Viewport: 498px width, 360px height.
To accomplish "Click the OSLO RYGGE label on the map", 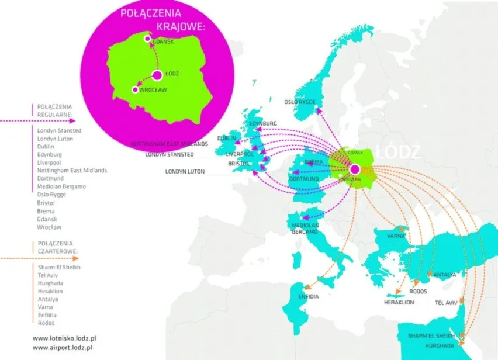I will pyautogui.click(x=300, y=102).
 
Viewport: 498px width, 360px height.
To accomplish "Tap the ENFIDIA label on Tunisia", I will pyautogui.click(x=308, y=297).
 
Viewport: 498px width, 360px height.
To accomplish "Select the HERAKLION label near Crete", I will pyautogui.click(x=399, y=303).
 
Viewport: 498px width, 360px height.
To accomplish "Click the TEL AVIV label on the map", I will pyautogui.click(x=448, y=303).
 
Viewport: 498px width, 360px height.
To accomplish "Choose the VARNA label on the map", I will pyautogui.click(x=397, y=236).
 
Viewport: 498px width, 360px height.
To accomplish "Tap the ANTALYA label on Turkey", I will pyautogui.click(x=444, y=274).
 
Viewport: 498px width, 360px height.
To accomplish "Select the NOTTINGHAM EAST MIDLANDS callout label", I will pyautogui.click(x=170, y=144).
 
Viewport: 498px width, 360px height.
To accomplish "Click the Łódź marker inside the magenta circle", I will pyautogui.click(x=157, y=75).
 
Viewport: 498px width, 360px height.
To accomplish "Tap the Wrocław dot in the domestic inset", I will pyautogui.click(x=135, y=90).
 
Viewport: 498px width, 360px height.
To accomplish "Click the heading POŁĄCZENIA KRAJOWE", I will pyautogui.click(x=158, y=19).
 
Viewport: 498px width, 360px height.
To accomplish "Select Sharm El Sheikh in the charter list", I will pyautogui.click(x=58, y=267).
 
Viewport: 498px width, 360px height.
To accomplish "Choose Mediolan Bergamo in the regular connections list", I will pyautogui.click(x=61, y=186).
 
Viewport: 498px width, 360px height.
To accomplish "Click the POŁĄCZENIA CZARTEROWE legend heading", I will pyautogui.click(x=54, y=247).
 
